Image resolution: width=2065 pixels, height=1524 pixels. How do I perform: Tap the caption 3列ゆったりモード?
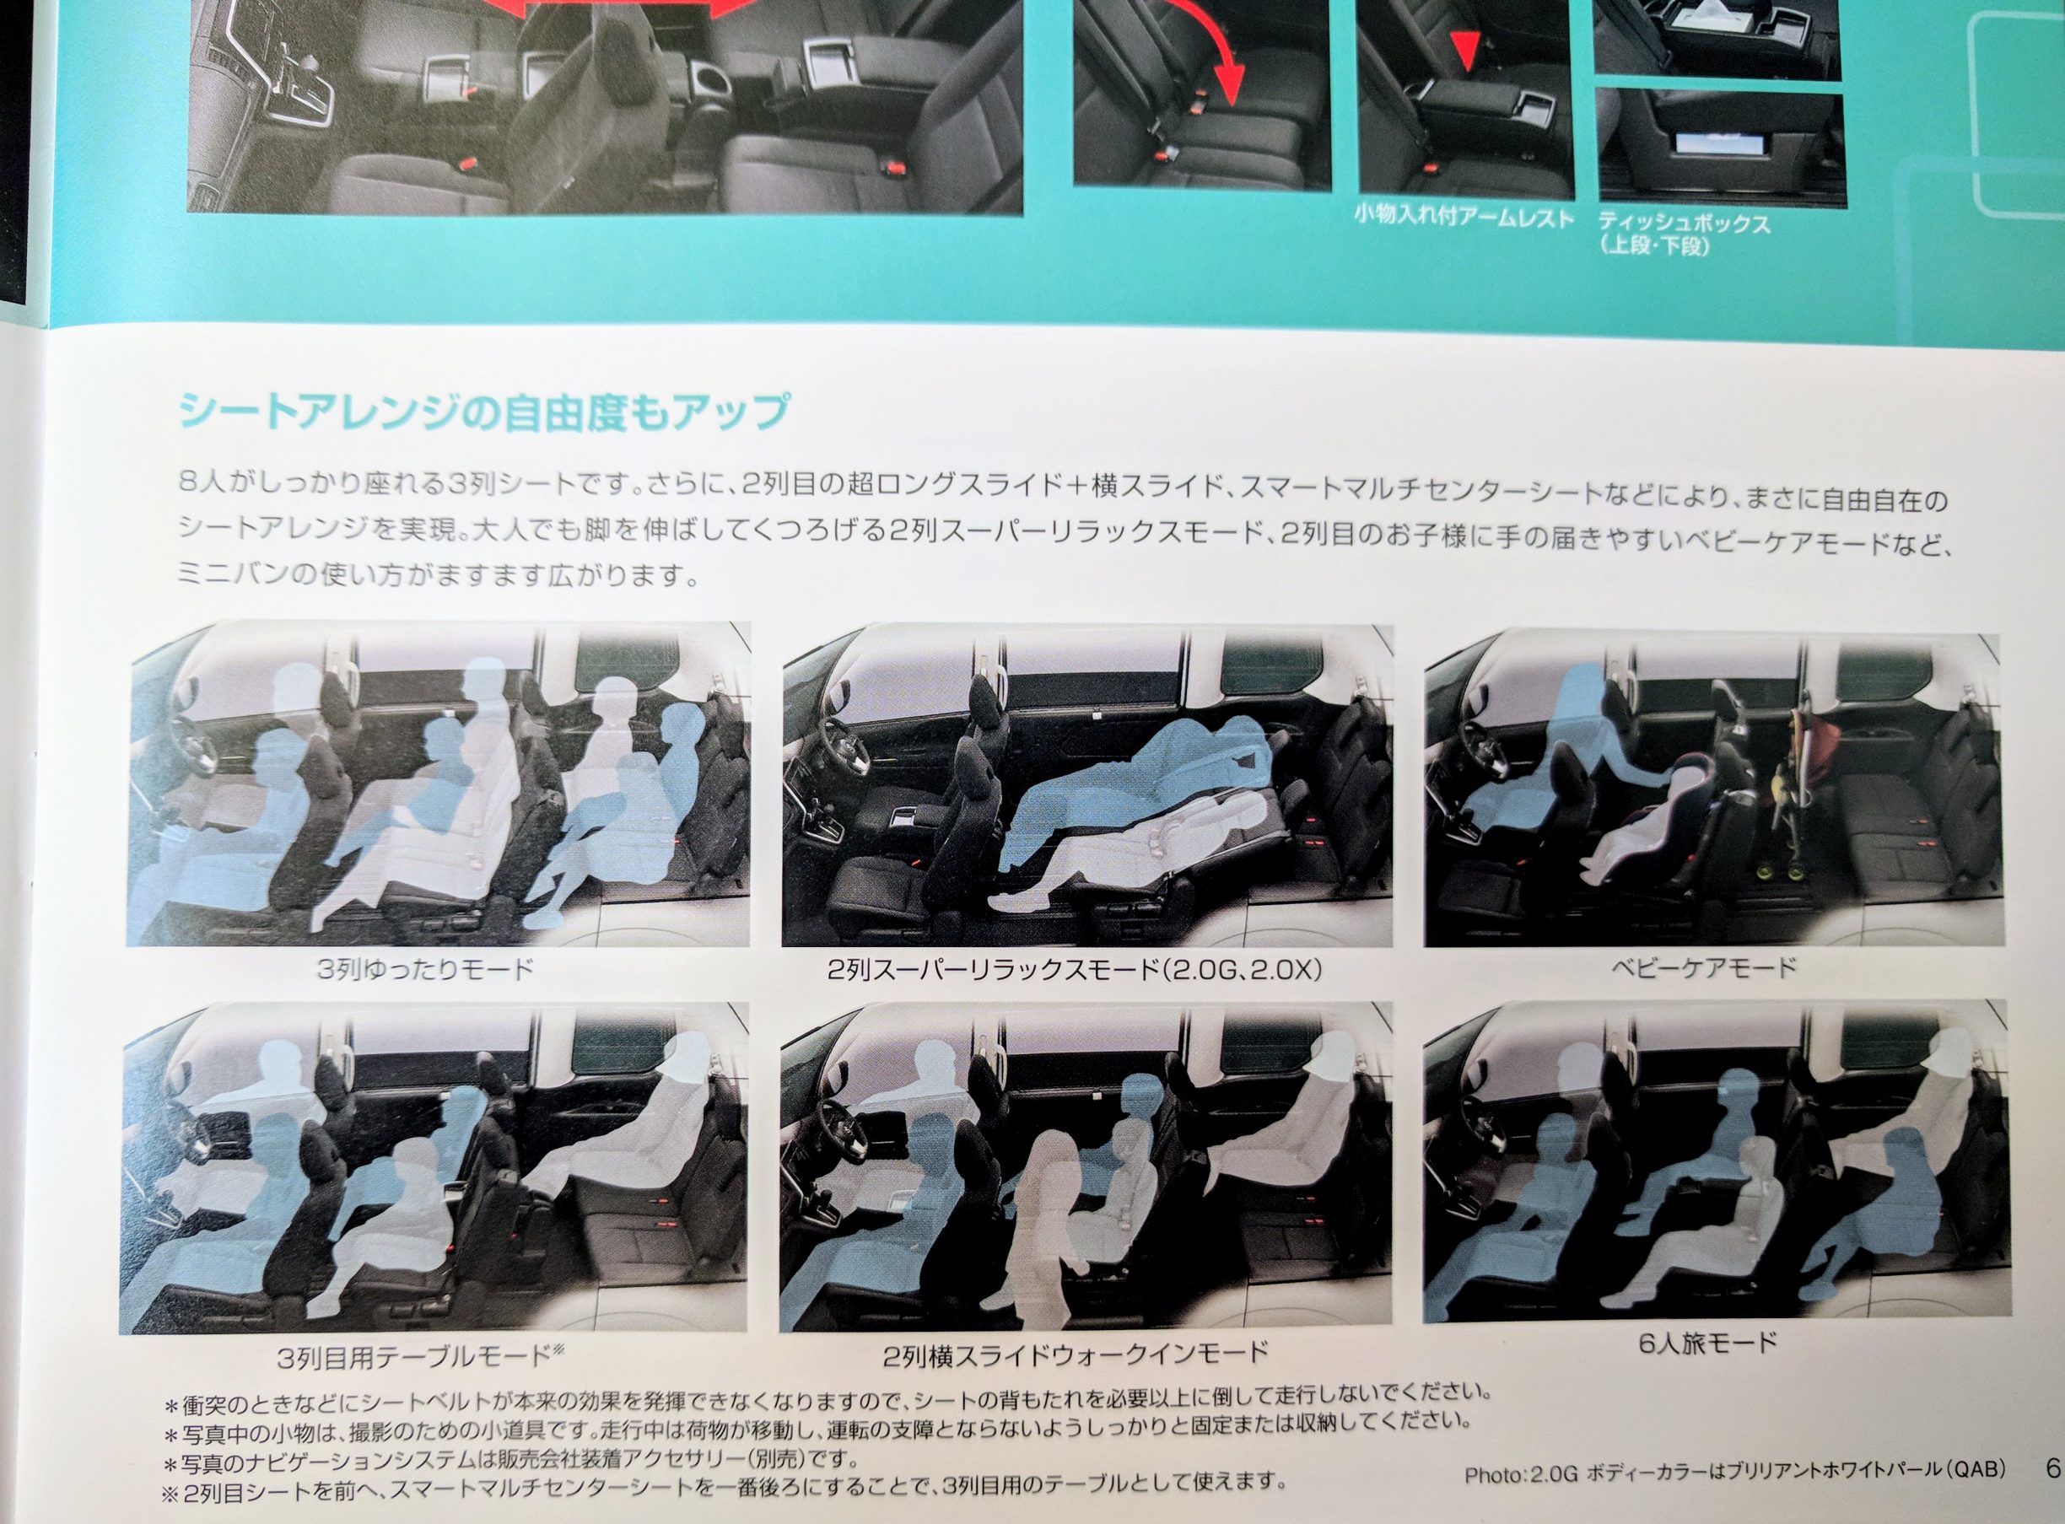click(425, 970)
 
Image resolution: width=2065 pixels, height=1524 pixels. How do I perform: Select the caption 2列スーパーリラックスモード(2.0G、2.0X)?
click(1075, 970)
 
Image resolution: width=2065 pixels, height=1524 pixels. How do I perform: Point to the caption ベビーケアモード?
click(1704, 967)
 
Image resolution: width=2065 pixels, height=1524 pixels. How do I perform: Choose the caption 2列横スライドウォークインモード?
click(1076, 1354)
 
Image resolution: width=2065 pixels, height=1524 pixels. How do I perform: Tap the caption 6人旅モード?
click(1708, 1344)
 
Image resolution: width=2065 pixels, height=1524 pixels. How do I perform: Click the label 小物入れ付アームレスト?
click(1464, 218)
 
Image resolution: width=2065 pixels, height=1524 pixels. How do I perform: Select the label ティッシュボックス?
click(1684, 223)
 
